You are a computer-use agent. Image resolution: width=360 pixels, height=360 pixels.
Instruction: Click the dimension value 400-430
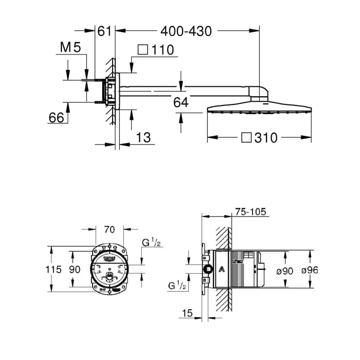(x=186, y=31)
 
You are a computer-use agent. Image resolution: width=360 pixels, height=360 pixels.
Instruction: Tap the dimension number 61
(x=104, y=31)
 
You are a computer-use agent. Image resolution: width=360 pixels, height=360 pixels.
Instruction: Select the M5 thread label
(x=71, y=49)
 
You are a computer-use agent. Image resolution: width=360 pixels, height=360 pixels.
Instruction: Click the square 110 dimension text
(x=156, y=50)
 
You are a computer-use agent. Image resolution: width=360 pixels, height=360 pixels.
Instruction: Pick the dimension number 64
(x=181, y=102)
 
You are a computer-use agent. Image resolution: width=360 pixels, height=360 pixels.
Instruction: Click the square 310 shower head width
(x=260, y=137)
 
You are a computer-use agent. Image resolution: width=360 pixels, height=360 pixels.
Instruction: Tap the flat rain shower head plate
(x=259, y=109)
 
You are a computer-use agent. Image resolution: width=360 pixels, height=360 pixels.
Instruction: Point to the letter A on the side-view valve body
(x=222, y=269)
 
